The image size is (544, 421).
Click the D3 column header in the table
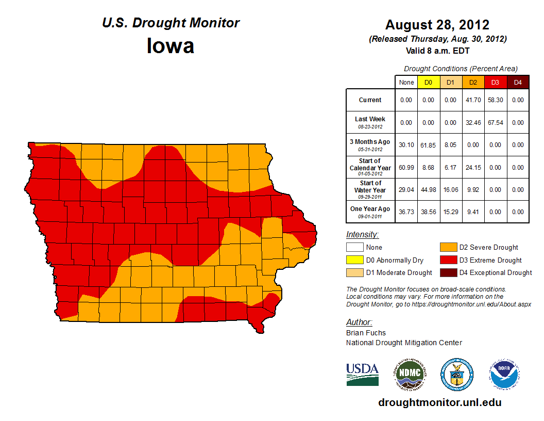pyautogui.click(x=495, y=82)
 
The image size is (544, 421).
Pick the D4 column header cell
pyautogui.click(x=518, y=82)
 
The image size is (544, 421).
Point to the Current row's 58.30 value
pyautogui.click(x=495, y=100)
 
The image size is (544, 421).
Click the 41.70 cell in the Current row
pyautogui.click(x=473, y=100)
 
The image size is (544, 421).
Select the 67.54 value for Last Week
pyautogui.click(x=495, y=122)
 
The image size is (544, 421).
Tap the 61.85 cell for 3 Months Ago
pyautogui.click(x=428, y=145)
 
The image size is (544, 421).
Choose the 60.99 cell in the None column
pyautogui.click(x=406, y=168)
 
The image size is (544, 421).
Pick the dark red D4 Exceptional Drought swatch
pyautogui.click(x=448, y=272)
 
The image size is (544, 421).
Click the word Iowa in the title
pyautogui.click(x=171, y=46)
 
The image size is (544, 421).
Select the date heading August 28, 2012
pyautogui.click(x=437, y=25)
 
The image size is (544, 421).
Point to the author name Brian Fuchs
pyautogui.click(x=366, y=333)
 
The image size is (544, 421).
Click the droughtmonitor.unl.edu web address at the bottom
pyautogui.click(x=439, y=402)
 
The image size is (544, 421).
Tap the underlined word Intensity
pyautogui.click(x=362, y=235)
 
